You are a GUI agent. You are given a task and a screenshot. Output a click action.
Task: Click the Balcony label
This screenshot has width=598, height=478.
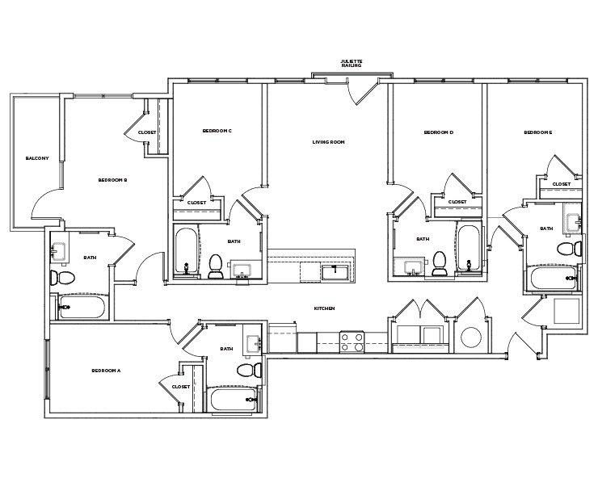point(37,158)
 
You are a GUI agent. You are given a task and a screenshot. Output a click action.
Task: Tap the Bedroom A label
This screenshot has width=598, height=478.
point(106,370)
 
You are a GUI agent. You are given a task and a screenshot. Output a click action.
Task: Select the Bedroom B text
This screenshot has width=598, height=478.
point(113,180)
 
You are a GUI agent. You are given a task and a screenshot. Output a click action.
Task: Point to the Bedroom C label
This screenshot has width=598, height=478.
point(217,131)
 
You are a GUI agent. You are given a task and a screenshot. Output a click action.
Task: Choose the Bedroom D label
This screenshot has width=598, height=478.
point(439,132)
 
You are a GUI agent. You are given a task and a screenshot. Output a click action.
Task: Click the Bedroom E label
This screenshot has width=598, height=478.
point(537,132)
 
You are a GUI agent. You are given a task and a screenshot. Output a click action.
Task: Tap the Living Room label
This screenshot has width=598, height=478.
point(329,142)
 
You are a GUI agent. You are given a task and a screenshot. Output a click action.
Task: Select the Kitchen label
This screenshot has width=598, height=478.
point(325,308)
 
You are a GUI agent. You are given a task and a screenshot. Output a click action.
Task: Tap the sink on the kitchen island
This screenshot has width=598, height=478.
point(333,271)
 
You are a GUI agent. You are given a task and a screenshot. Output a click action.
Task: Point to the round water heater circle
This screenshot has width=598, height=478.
point(471,337)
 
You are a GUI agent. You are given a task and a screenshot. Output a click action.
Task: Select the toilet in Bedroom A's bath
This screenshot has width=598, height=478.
point(250,369)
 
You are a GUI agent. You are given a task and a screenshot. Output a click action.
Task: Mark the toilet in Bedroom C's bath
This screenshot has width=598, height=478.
point(216,265)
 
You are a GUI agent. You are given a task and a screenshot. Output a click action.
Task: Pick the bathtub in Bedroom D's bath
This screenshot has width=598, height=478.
point(469,250)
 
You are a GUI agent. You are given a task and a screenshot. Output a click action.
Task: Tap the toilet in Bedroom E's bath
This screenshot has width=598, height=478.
point(572,247)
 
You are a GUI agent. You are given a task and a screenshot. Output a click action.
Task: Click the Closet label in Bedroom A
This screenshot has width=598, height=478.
point(181,387)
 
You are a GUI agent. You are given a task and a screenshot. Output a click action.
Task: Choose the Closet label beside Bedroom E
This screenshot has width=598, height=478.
point(561,184)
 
